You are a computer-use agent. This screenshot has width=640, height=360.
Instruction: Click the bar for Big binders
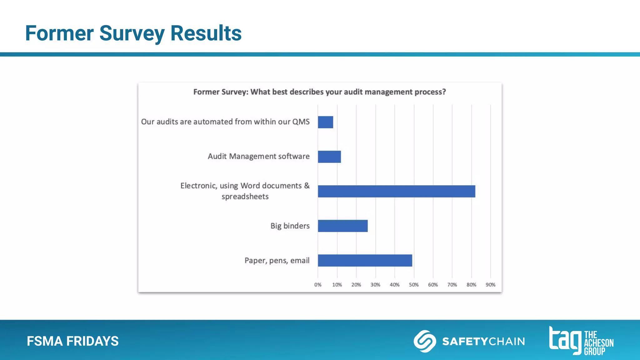[x=342, y=226]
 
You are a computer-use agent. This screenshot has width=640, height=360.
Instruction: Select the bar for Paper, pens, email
[x=365, y=260]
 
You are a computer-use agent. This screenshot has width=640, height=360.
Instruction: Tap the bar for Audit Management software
[x=329, y=157]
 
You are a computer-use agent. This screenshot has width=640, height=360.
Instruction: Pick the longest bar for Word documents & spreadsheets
[x=396, y=191]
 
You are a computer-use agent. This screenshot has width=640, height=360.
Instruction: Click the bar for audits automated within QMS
[x=325, y=122]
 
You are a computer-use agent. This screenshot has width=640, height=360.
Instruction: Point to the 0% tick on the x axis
[x=318, y=285]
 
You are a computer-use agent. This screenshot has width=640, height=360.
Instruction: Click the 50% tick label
[x=414, y=285]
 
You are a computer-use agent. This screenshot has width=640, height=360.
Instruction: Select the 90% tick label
[x=490, y=285]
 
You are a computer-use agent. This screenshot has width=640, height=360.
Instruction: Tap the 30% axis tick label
[x=375, y=285]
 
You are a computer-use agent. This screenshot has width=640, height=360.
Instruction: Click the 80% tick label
[x=471, y=285]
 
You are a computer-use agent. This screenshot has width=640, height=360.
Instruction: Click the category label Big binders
[x=290, y=226]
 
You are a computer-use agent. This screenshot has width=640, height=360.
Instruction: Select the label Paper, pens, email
[x=277, y=260]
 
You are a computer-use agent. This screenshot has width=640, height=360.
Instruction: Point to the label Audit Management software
[x=258, y=156]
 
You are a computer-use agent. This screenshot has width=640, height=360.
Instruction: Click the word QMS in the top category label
[x=301, y=122]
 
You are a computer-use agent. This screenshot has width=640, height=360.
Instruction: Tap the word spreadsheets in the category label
[x=245, y=197]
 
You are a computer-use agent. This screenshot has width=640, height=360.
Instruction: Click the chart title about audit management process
[x=319, y=92]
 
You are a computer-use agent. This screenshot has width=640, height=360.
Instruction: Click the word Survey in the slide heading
[x=132, y=33]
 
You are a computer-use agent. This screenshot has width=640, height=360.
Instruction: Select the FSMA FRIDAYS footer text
[x=73, y=341]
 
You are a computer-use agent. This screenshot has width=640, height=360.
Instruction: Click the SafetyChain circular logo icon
[x=425, y=341]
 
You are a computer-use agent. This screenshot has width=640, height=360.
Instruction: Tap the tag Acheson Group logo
[x=581, y=341]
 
